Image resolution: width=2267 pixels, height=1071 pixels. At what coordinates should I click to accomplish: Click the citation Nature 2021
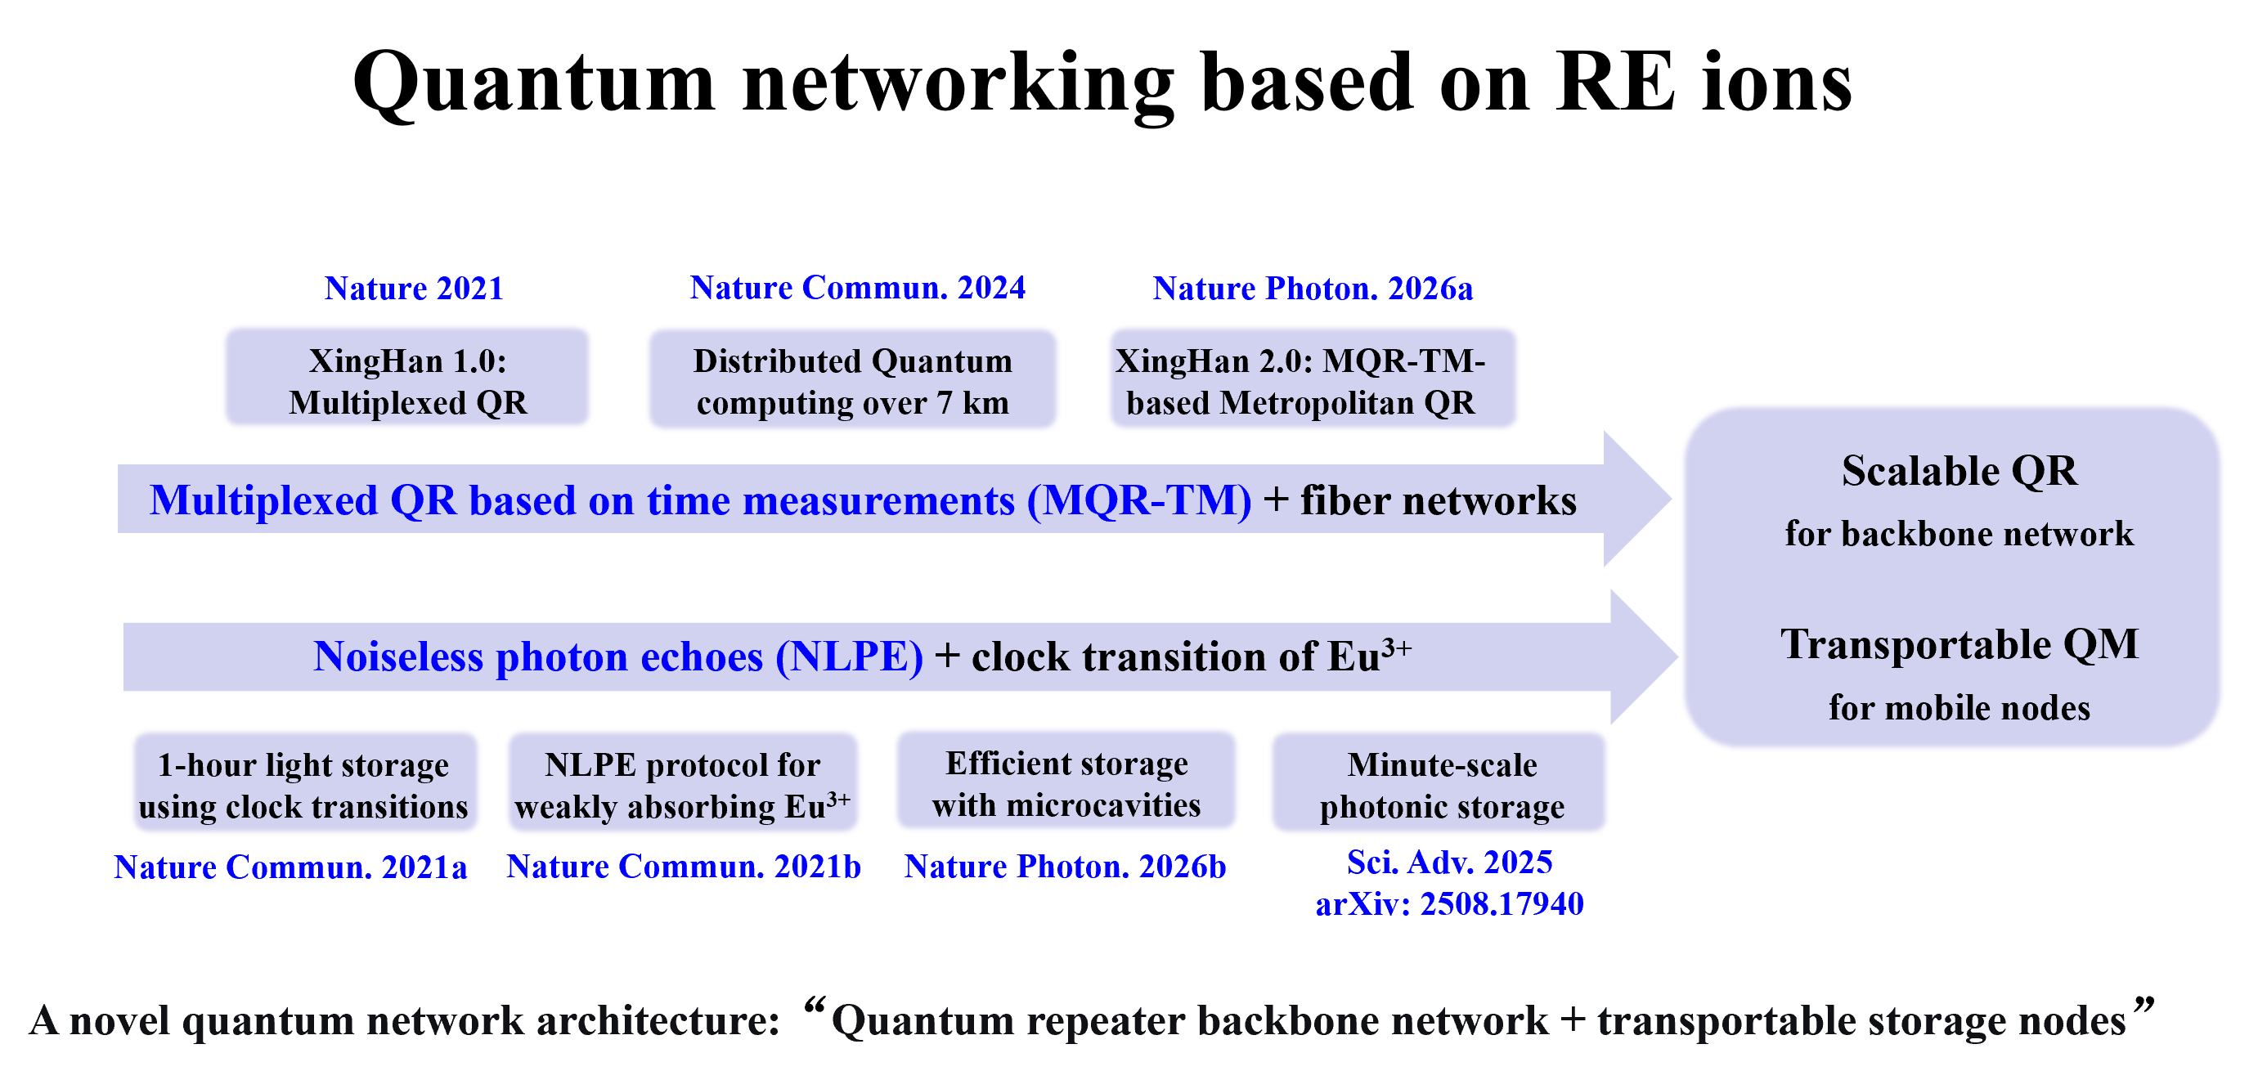click(414, 289)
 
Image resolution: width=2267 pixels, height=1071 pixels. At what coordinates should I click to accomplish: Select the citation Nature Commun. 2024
click(857, 288)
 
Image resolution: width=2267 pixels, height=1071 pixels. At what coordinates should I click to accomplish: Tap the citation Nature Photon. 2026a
click(1312, 289)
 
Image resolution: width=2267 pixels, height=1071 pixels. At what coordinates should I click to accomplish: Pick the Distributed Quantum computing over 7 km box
click(852, 381)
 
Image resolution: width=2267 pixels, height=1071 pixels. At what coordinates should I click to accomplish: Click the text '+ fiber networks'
click(1420, 500)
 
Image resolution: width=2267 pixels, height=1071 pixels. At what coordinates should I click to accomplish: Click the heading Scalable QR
click(1959, 472)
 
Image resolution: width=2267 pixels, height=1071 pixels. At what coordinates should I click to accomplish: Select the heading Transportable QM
click(1959, 645)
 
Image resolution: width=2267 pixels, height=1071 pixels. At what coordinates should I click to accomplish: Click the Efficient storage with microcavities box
click(1066, 783)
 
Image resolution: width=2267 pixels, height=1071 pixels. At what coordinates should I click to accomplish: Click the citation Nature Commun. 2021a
click(290, 867)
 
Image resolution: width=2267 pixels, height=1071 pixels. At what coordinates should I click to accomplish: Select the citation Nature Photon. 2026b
click(1065, 867)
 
